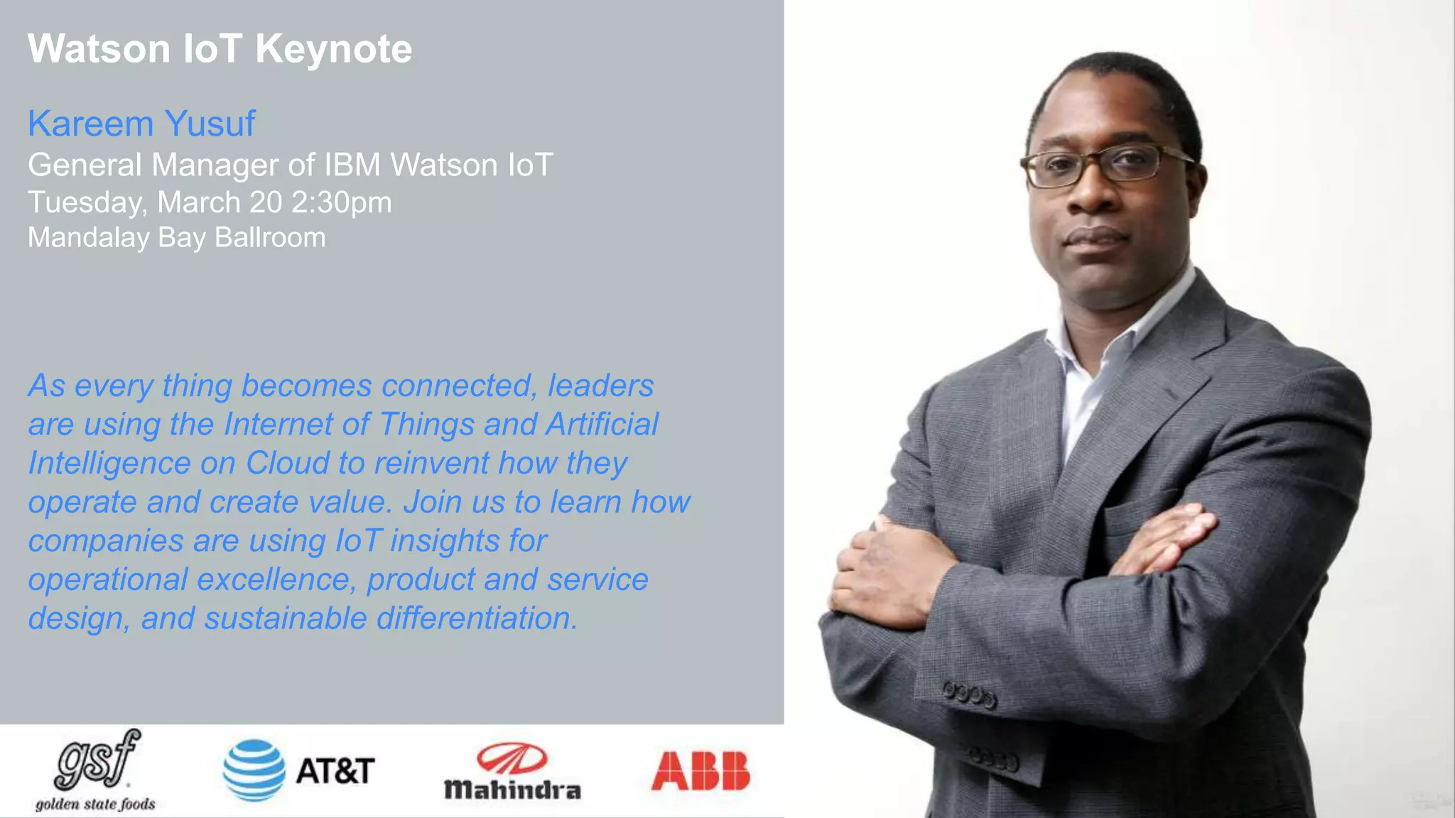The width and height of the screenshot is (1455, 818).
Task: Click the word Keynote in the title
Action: point(333,49)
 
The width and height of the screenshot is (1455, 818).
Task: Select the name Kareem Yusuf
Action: point(141,124)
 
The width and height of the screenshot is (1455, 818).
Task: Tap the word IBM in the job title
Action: point(352,165)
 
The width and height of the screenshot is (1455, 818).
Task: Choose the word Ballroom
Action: point(270,238)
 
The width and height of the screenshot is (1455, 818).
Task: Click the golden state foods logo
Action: point(96,770)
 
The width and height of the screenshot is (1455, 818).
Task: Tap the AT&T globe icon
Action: point(254,770)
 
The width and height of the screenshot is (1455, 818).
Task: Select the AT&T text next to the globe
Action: point(335,771)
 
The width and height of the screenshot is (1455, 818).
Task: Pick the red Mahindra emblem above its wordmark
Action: point(512,758)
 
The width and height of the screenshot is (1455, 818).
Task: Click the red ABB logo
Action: point(700,771)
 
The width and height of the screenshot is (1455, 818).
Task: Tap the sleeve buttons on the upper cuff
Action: point(970,694)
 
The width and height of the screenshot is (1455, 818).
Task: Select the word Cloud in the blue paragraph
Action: point(287,464)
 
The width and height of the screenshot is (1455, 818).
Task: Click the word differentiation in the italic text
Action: point(477,618)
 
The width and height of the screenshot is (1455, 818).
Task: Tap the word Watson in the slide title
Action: point(99,49)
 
